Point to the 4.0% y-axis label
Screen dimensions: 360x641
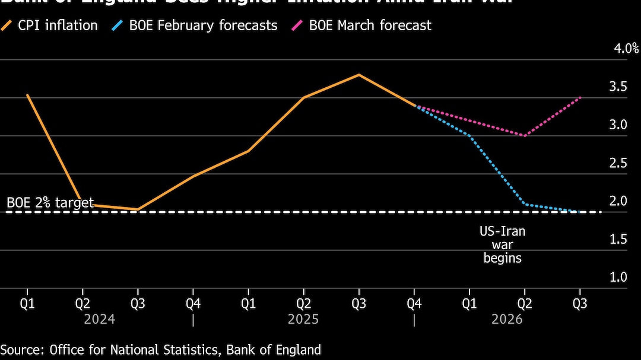626,49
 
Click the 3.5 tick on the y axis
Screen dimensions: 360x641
618,87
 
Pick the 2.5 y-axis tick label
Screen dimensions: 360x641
618,163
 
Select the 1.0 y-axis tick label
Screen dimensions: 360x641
618,277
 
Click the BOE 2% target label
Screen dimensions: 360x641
50,202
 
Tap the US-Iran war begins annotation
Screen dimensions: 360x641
502,244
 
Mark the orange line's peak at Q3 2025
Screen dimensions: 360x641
358,75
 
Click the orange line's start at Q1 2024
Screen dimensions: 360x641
27,95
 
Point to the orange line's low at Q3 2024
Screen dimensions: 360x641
138,209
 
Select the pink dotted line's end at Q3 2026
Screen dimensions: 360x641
580,97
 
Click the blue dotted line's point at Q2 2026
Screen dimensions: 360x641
525,204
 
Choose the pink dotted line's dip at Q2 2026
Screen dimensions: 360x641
525,135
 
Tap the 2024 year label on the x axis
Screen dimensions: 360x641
100,319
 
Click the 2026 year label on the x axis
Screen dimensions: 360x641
507,319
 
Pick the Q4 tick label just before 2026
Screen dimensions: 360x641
414,304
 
